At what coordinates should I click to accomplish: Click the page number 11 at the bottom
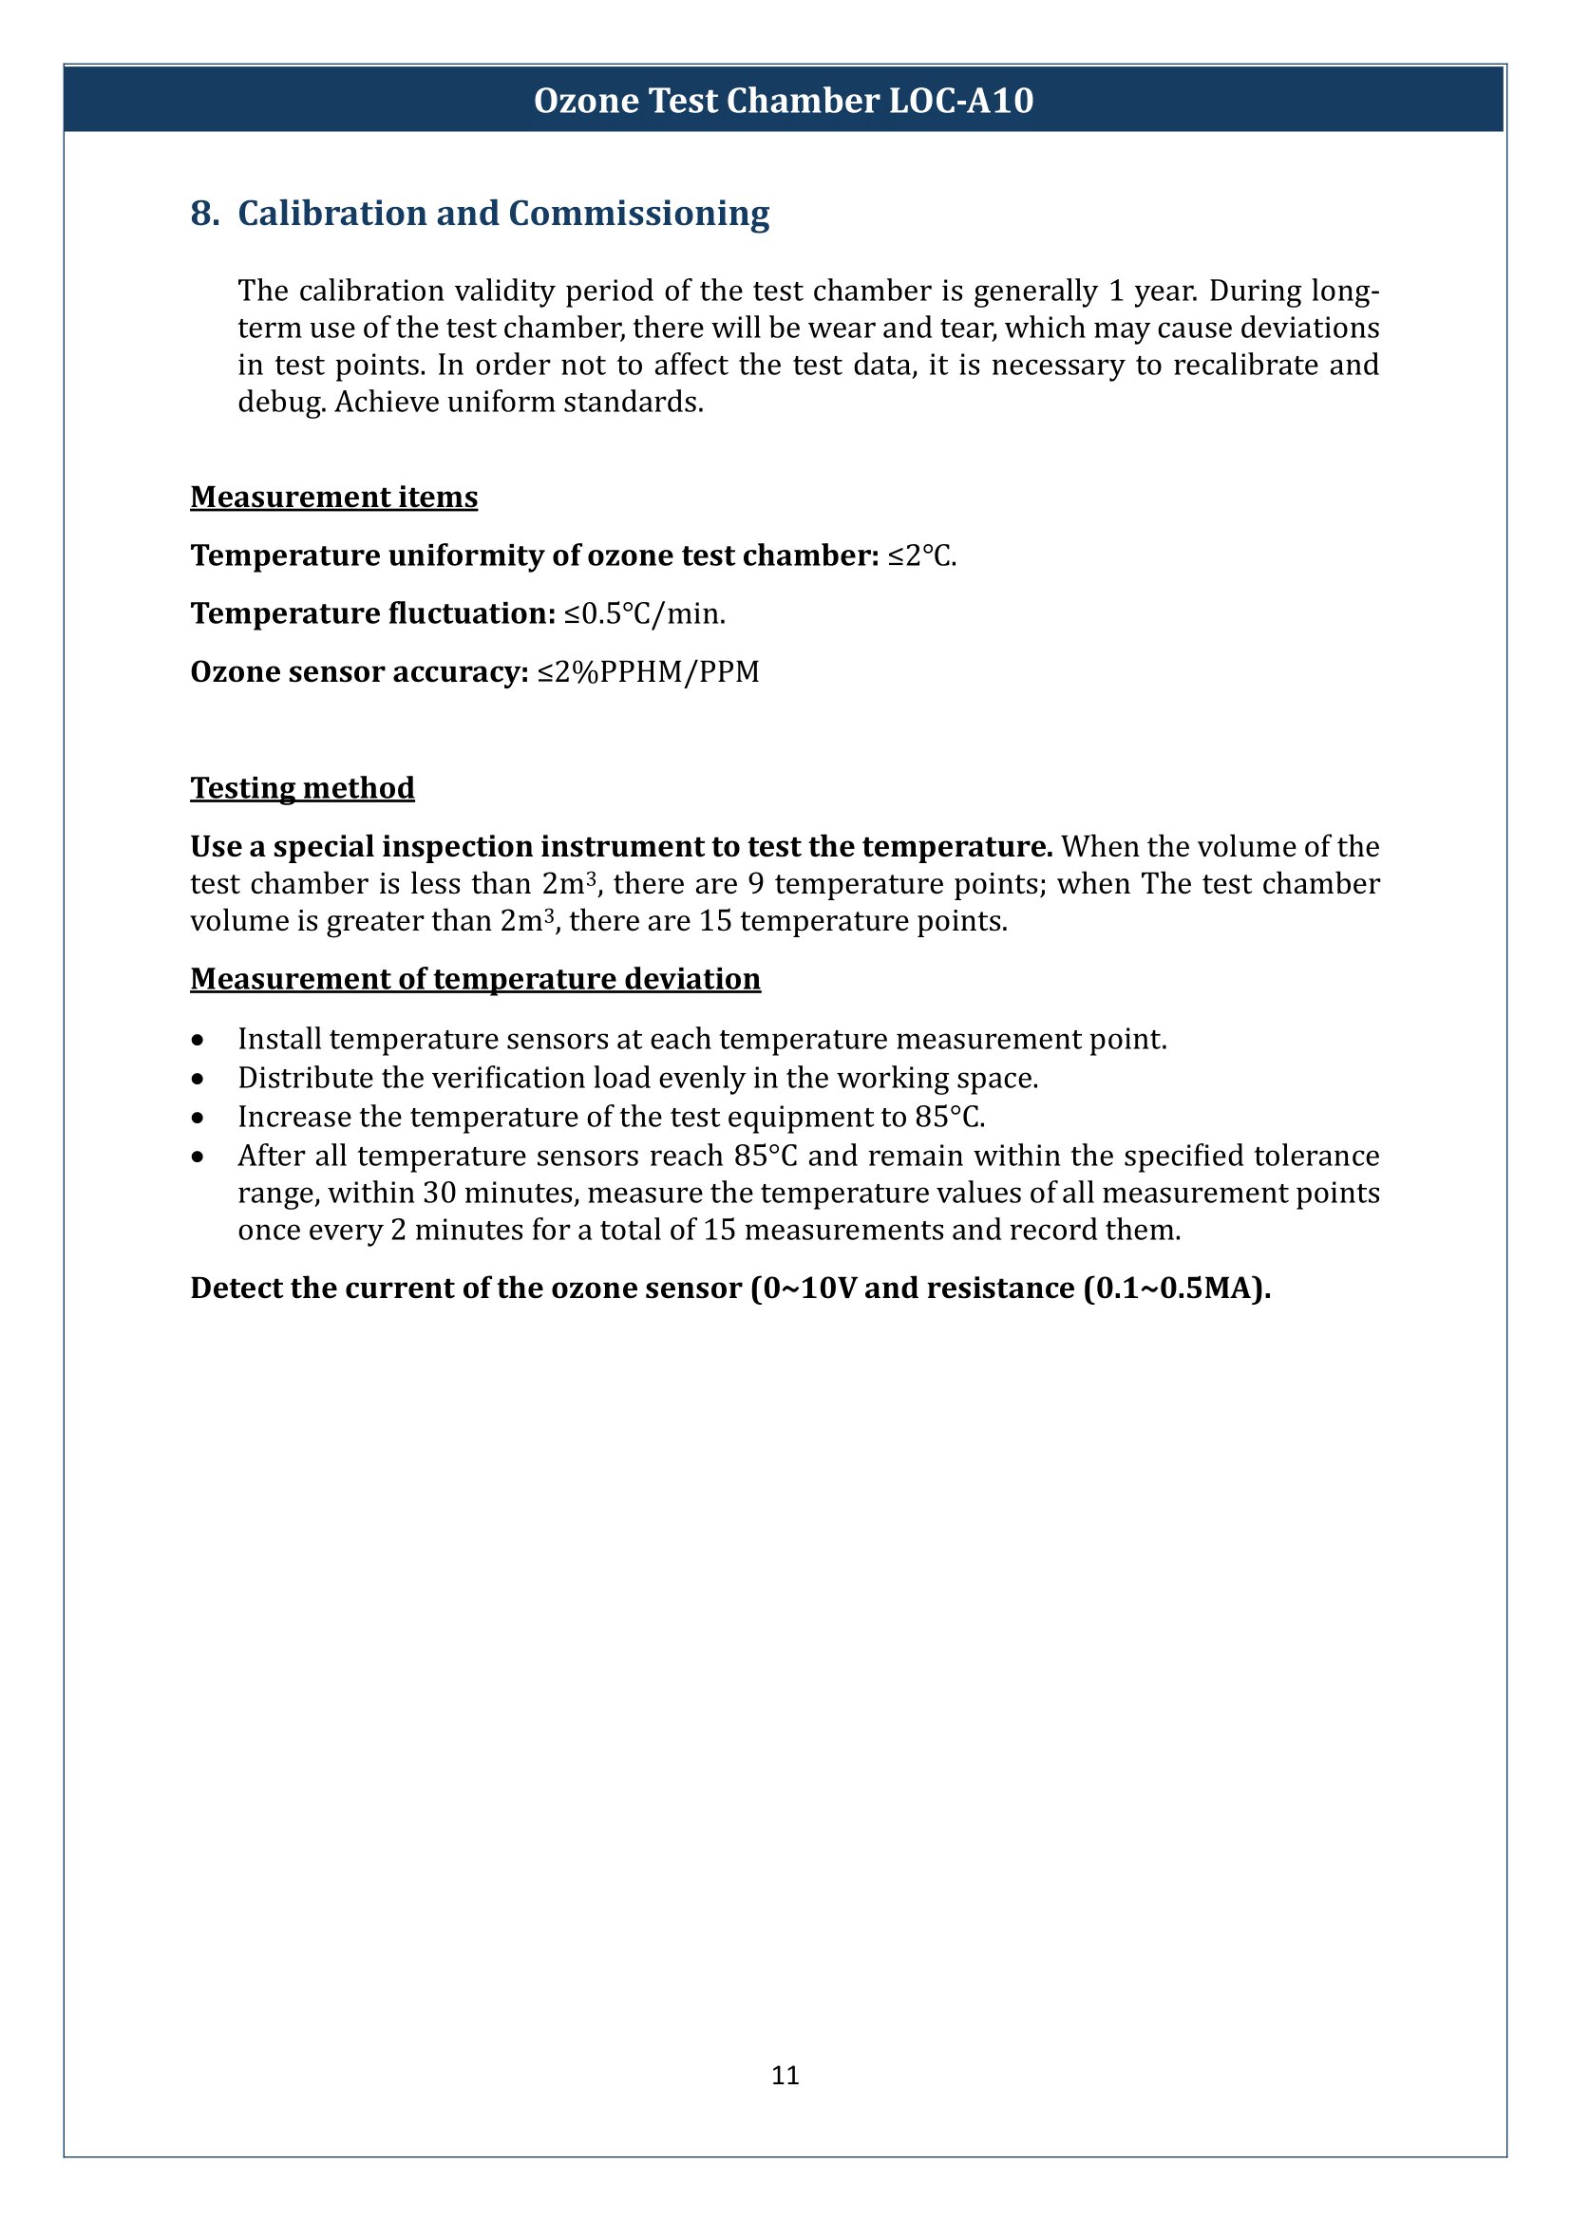tap(785, 2075)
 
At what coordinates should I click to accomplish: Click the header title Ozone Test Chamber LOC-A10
tap(784, 101)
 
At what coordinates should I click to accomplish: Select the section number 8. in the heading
tap(204, 214)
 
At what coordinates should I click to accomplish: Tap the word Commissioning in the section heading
tap(638, 214)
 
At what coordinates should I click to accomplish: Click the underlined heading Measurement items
tap(333, 498)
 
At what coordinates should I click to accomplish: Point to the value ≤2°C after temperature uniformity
tap(921, 556)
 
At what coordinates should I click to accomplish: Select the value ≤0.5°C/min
tap(644, 614)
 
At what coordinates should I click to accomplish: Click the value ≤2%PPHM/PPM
tap(648, 672)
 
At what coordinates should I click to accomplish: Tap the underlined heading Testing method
tap(302, 788)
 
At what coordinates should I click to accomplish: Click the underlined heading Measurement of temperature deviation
tap(475, 979)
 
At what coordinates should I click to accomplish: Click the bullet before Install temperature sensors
tap(198, 1041)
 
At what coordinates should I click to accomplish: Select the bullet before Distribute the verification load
tap(198, 1080)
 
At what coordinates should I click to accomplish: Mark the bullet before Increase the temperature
tap(198, 1119)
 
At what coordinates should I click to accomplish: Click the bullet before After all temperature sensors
tap(198, 1157)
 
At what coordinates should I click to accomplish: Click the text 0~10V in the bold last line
tap(808, 1289)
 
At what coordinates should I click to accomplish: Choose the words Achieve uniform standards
tap(520, 403)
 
